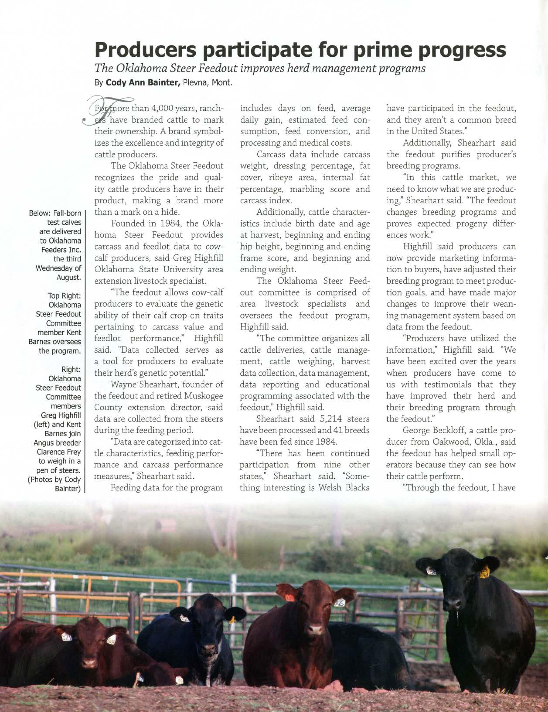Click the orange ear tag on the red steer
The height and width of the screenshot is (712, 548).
click(x=289, y=598)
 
